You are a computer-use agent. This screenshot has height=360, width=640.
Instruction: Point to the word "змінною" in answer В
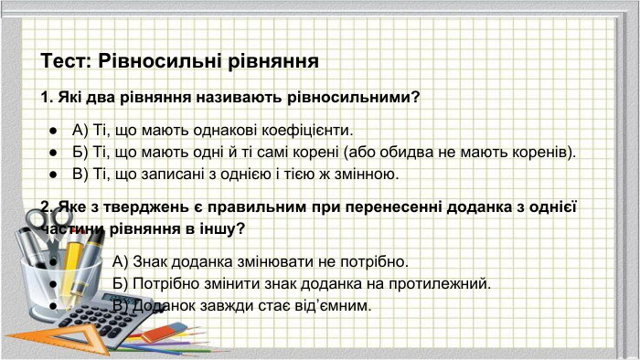pos(359,174)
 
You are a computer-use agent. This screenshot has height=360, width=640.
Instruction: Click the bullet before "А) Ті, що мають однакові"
pos(55,130)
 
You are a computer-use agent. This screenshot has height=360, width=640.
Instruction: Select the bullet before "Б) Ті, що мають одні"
pos(55,152)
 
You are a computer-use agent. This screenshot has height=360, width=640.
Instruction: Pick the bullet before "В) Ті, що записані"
pos(55,174)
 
